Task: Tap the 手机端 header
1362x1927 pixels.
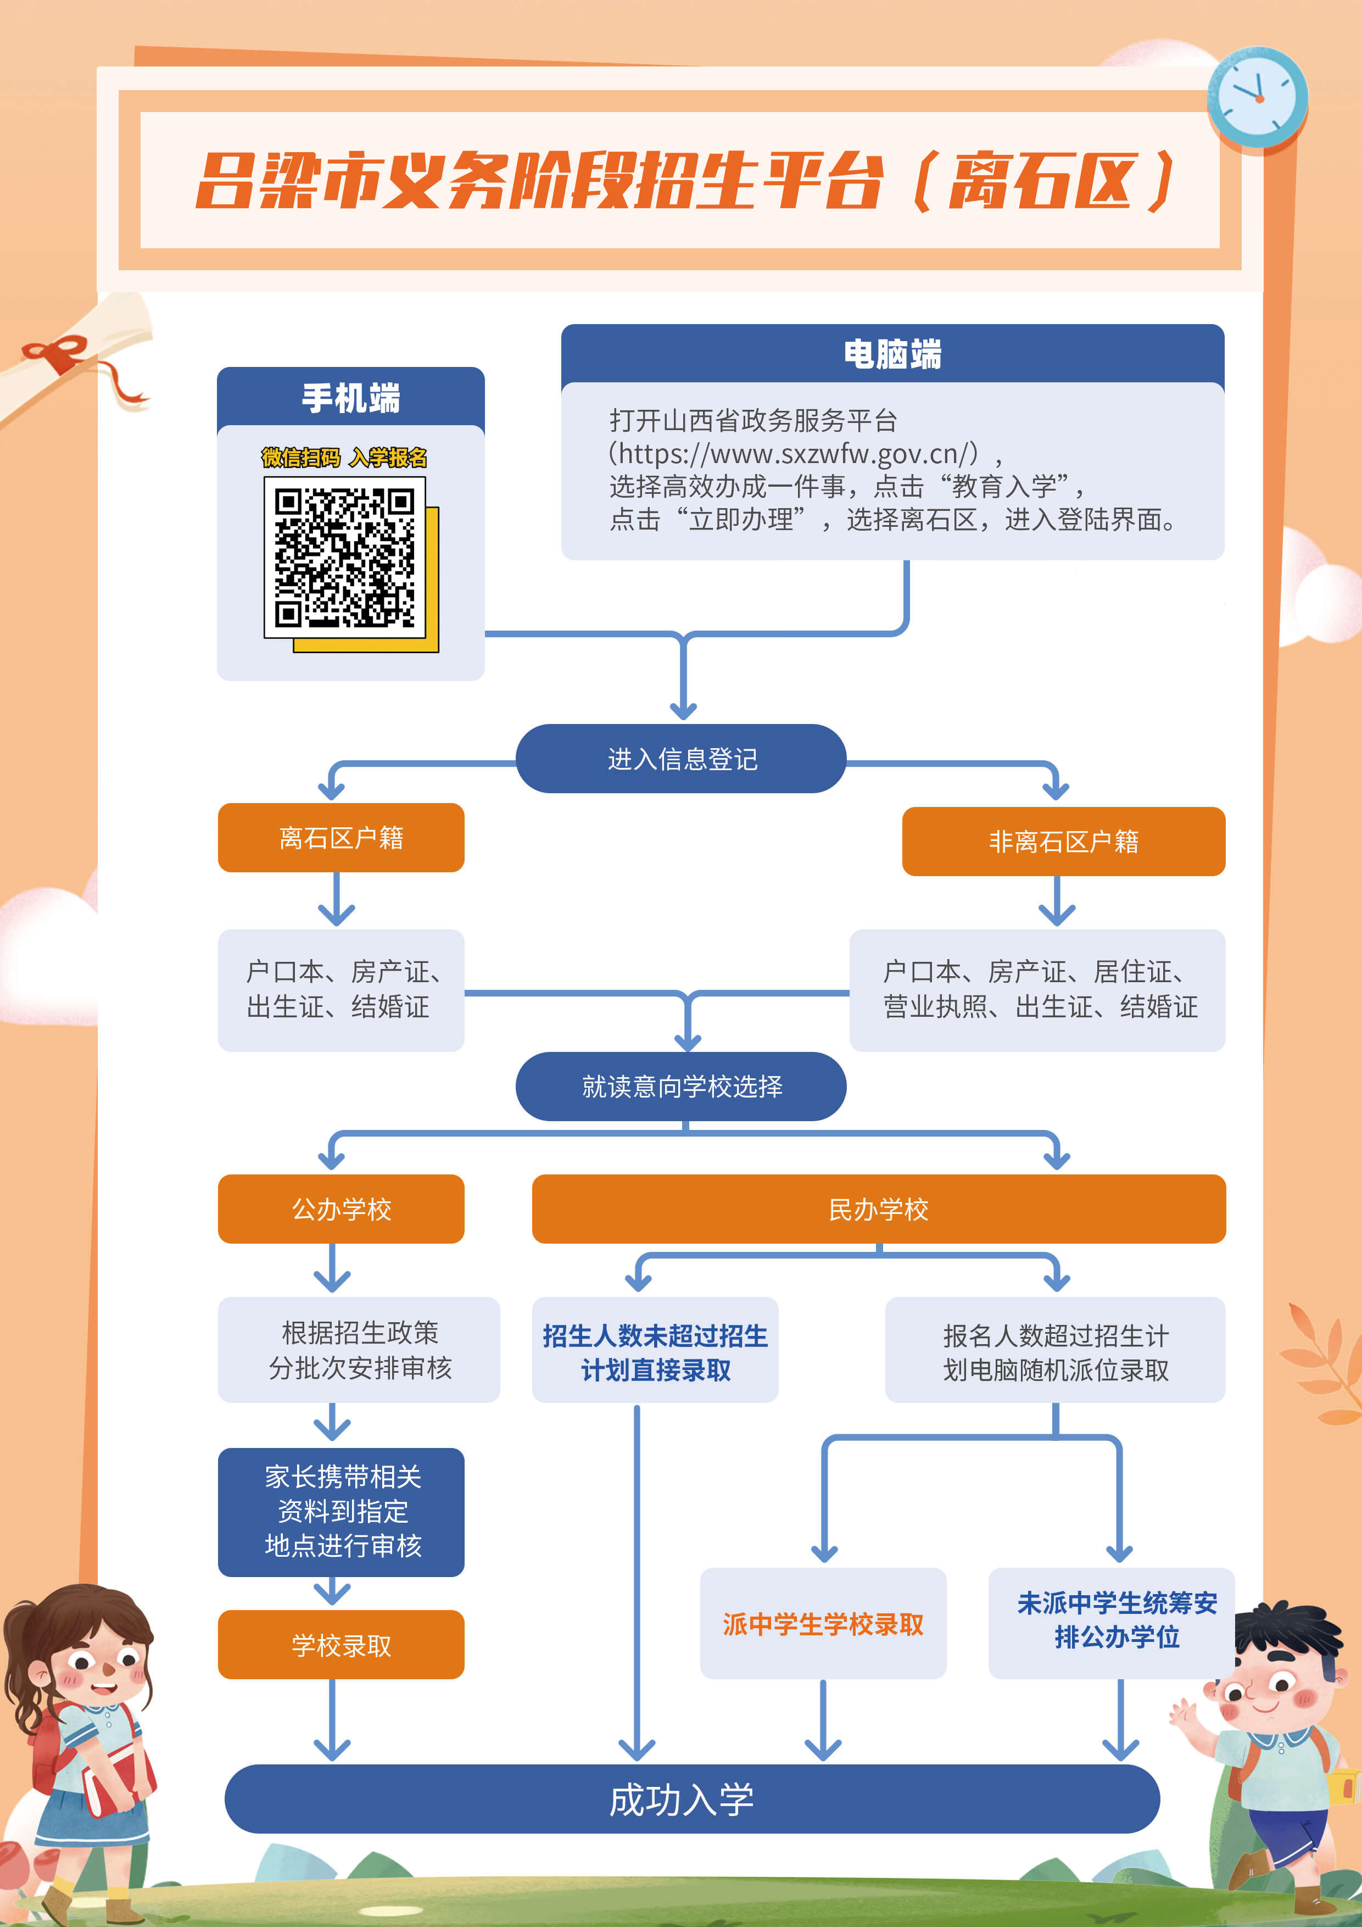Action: coord(351,398)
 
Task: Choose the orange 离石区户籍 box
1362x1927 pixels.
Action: coord(340,838)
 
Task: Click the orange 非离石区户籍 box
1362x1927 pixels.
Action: coord(1063,842)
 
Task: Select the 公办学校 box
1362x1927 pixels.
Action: coord(340,1208)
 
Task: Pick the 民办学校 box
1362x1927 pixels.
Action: coord(879,1208)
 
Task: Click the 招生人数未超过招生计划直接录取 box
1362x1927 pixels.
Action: coord(655,1351)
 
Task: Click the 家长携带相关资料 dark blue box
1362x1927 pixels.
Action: coord(340,1511)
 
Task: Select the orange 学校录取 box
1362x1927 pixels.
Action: coord(340,1645)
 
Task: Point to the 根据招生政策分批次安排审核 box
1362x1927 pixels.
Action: coord(359,1350)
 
